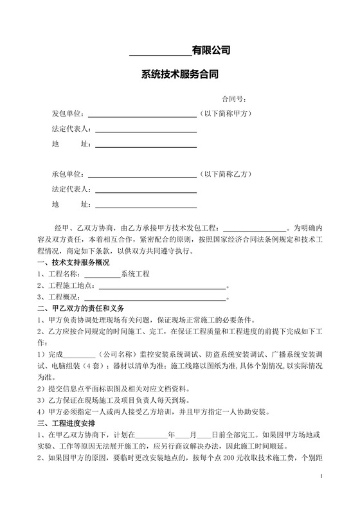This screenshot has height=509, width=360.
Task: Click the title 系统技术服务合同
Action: (x=180, y=74)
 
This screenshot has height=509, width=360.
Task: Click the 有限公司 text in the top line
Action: (x=212, y=49)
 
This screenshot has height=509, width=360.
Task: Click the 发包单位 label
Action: (x=68, y=114)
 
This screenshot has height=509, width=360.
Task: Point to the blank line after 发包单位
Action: (x=141, y=116)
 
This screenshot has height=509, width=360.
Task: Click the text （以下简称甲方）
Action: (x=229, y=114)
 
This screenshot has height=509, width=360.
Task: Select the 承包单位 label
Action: (x=68, y=174)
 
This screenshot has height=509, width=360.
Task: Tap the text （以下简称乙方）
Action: (x=229, y=174)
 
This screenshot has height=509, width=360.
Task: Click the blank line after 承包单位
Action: (x=141, y=176)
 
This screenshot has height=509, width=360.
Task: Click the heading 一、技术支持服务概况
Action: (x=73, y=263)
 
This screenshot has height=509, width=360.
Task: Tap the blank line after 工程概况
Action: (x=154, y=299)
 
